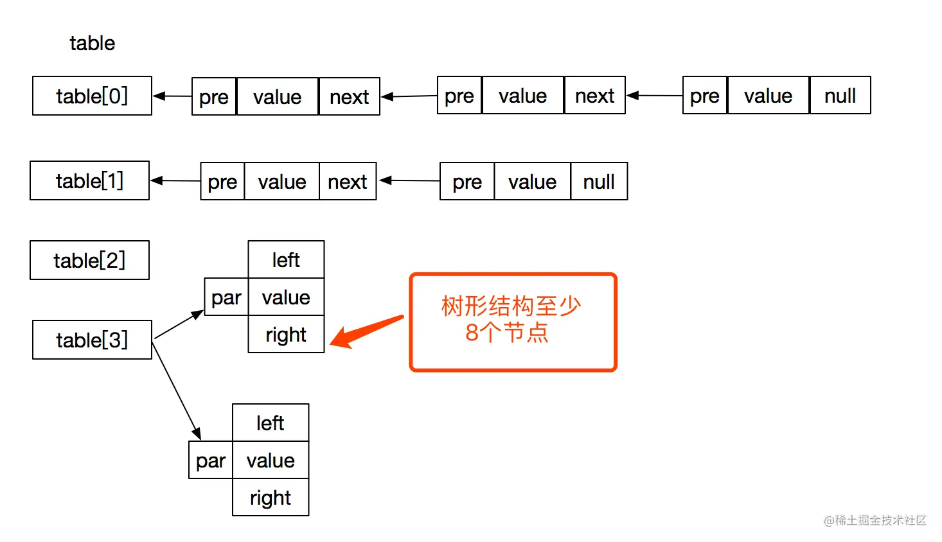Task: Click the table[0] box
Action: (92, 96)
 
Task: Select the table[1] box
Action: (89, 181)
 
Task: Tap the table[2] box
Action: (89, 261)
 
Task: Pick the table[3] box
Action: (92, 340)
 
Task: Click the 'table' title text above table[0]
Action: (92, 43)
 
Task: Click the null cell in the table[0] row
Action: (840, 96)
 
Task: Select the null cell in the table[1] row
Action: (599, 182)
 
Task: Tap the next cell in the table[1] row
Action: (348, 182)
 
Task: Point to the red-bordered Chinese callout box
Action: (513, 322)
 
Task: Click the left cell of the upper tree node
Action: (286, 260)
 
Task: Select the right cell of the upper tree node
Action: (286, 335)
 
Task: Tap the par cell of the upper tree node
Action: (226, 297)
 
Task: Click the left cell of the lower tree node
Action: (271, 423)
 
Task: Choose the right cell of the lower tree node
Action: (271, 498)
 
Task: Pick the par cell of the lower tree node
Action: (211, 460)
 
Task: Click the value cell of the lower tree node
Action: (271, 460)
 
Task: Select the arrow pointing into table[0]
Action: (172, 96)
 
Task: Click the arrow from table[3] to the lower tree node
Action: (176, 390)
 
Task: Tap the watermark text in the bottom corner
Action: (875, 520)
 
